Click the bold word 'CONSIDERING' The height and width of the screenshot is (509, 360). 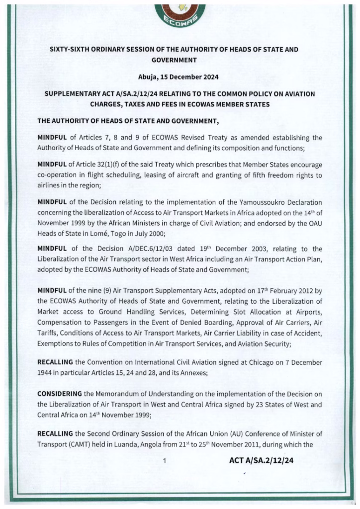(x=60, y=393)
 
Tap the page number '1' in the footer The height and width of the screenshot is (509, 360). (x=164, y=460)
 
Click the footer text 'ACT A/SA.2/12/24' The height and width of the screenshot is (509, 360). (x=261, y=460)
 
